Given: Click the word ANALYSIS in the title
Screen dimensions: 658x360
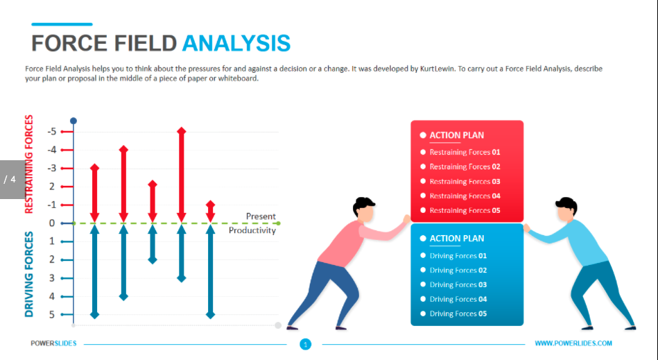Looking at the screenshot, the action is (236, 43).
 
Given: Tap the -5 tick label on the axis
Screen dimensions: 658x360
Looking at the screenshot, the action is (51, 132).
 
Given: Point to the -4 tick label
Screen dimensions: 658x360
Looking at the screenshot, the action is (51, 150).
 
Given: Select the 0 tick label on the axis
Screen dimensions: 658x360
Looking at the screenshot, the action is (52, 223).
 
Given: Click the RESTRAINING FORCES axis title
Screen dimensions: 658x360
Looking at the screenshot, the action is (29, 164).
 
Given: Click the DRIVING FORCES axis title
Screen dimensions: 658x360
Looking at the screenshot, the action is (29, 274).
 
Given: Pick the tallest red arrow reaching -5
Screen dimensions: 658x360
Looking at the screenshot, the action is (181, 175).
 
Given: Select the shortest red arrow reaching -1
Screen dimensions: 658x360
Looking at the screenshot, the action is (210, 212).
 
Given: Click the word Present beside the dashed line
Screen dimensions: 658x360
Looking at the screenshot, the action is (261, 216).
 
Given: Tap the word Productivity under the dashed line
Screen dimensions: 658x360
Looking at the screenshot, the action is (252, 230).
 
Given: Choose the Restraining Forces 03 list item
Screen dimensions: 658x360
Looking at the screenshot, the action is (465, 181).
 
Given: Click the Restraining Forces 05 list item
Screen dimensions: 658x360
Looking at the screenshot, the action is (465, 210).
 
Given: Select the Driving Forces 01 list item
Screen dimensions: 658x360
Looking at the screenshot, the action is (458, 255).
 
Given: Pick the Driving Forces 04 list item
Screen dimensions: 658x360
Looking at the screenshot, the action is (458, 299).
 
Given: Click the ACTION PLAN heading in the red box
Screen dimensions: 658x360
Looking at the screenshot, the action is (456, 135).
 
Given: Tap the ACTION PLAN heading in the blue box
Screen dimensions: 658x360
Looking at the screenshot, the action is (456, 239).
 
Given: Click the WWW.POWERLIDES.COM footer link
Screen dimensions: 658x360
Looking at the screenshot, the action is (573, 343).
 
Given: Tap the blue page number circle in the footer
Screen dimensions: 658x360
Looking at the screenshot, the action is (306, 345).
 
